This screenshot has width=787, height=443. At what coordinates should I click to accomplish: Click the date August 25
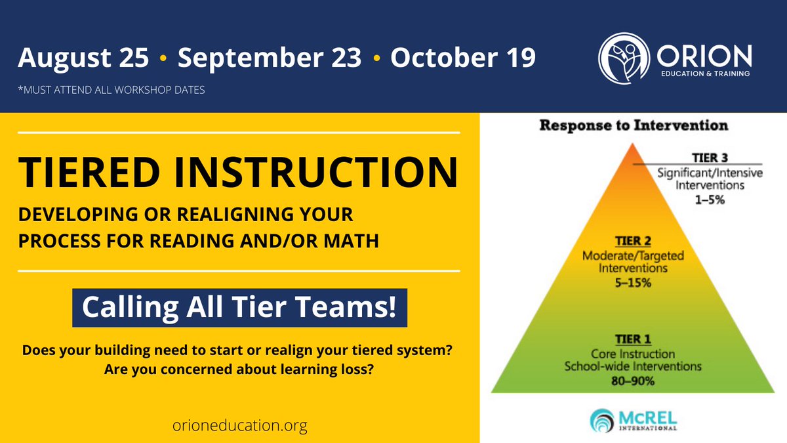click(x=83, y=58)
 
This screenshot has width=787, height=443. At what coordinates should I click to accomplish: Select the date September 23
click(x=270, y=58)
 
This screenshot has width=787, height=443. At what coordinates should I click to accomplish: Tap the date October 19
click(x=463, y=58)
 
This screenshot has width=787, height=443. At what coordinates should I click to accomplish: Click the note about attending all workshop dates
click(x=111, y=89)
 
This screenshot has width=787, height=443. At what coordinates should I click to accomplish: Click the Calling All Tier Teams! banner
click(x=239, y=307)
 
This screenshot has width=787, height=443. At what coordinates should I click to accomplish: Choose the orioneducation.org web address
click(x=238, y=426)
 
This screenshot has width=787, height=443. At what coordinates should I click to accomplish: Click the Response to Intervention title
click(x=633, y=125)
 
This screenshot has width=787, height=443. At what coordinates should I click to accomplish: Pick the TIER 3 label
click(x=710, y=158)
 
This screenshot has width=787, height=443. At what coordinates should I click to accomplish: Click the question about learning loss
click(x=239, y=369)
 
